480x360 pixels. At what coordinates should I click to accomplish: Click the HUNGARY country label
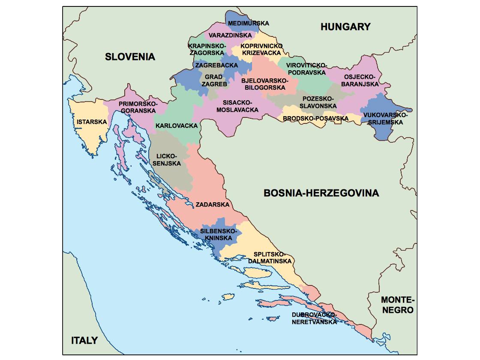[x=345, y=27]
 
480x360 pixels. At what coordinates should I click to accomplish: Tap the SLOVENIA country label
[x=130, y=57]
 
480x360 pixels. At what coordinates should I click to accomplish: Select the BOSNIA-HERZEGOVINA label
[x=321, y=193]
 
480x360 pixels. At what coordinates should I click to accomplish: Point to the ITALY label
[x=84, y=341]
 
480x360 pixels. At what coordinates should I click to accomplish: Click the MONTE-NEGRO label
[x=398, y=305]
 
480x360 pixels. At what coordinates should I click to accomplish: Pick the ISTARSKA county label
[x=92, y=122]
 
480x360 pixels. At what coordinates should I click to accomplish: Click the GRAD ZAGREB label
[x=213, y=81]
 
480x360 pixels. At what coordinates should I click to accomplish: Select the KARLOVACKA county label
[x=177, y=126]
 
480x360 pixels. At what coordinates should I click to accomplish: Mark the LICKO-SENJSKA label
[x=168, y=159]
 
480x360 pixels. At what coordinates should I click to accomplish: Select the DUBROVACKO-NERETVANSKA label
[x=314, y=318]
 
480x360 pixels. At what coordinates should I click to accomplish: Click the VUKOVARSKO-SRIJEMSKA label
[x=384, y=119]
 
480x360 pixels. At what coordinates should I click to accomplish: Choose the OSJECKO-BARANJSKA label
[x=360, y=81]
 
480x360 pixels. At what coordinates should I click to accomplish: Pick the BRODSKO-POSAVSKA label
[x=315, y=118]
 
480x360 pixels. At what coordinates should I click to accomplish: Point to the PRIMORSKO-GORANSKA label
[x=138, y=107]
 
